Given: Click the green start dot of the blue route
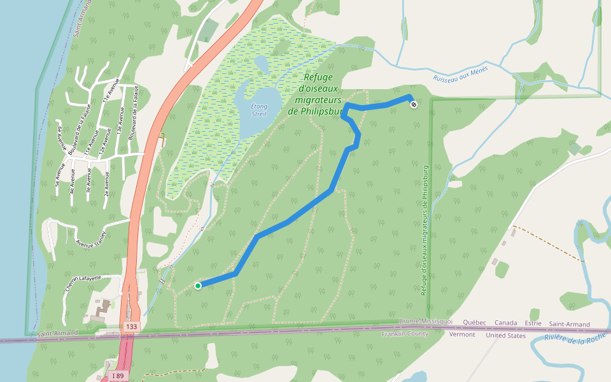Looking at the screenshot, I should click(x=198, y=286).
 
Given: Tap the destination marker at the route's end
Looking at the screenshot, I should click(x=414, y=104).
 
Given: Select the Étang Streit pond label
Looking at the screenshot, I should click(x=259, y=110).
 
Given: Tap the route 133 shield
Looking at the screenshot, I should click(x=131, y=327).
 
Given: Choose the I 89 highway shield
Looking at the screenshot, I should click(x=118, y=376).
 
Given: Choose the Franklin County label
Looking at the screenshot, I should click(x=405, y=334).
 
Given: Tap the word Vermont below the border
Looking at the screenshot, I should click(x=462, y=334).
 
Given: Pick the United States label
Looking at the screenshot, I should click(x=506, y=335).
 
